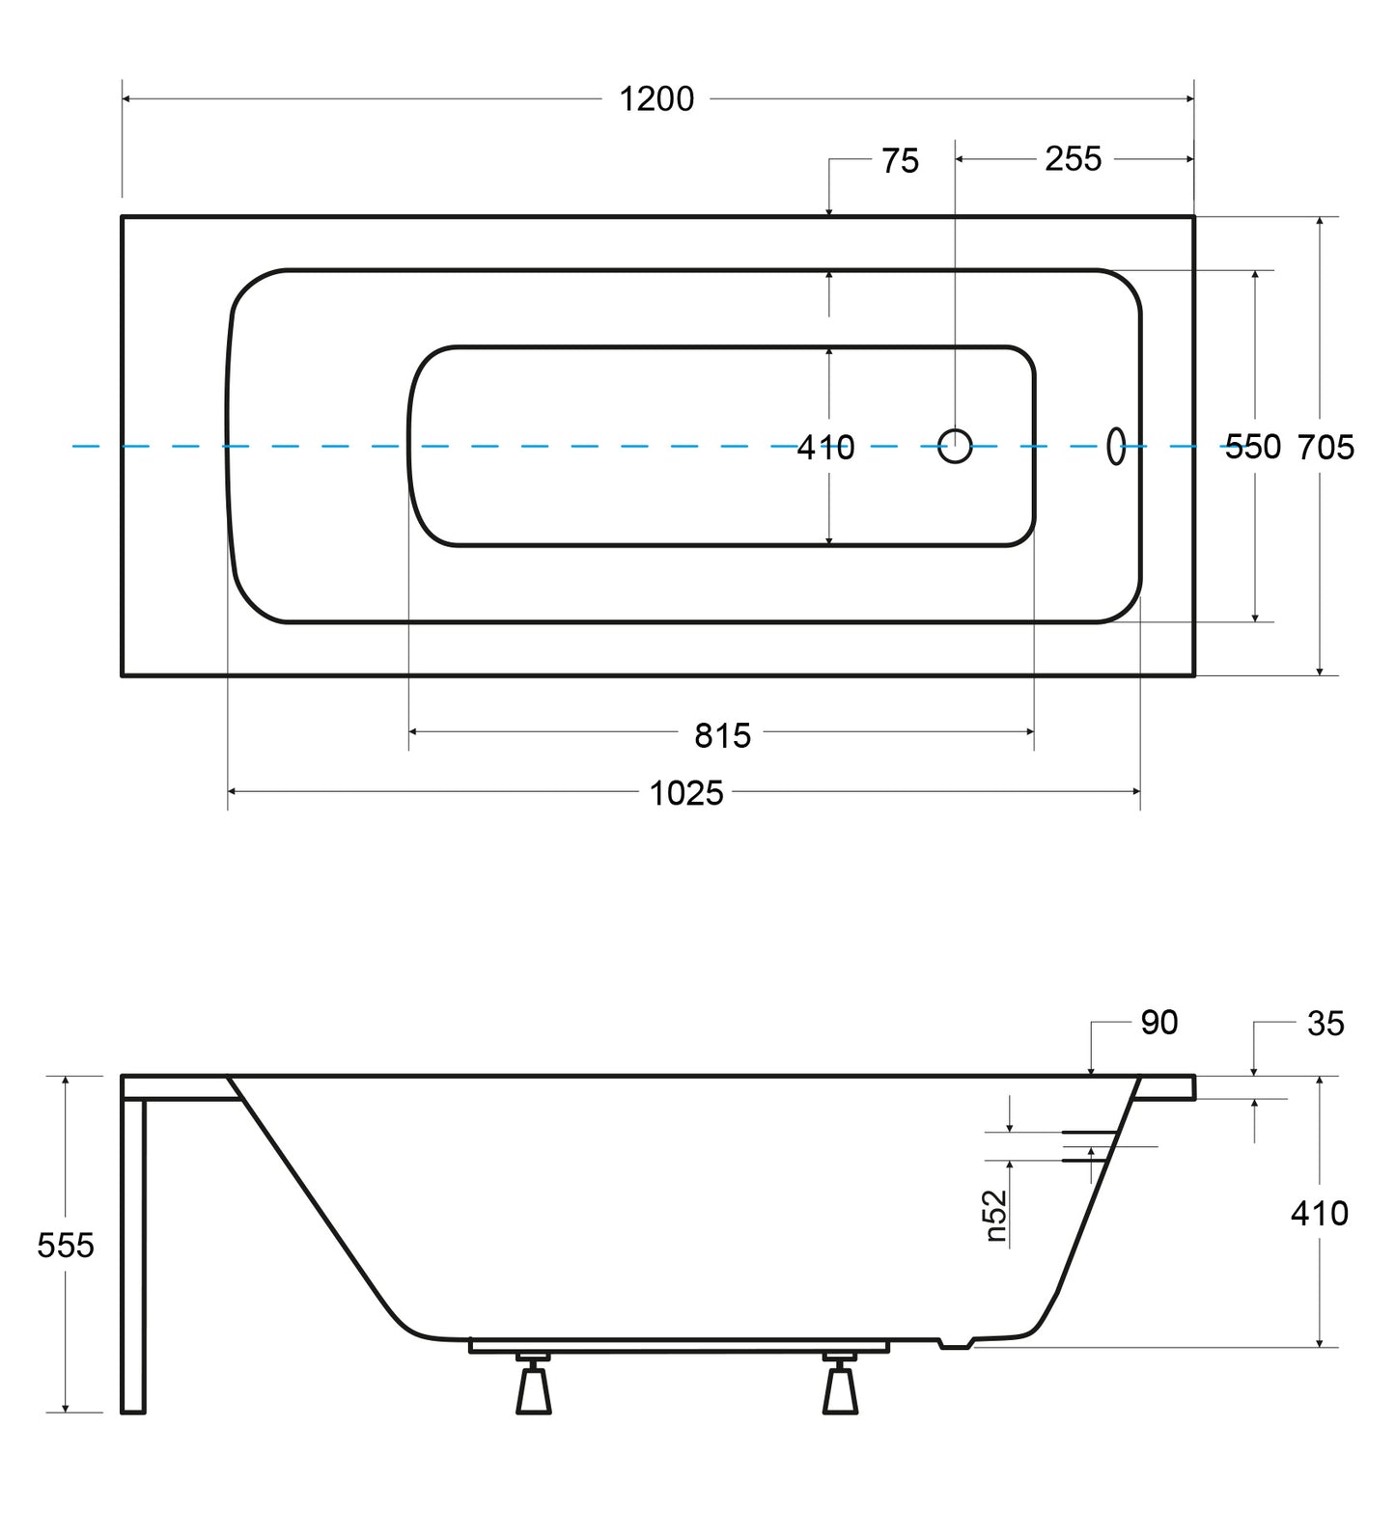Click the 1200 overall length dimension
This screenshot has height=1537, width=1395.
(656, 99)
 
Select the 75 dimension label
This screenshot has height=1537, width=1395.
(900, 161)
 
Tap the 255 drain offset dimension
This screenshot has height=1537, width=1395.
(1073, 158)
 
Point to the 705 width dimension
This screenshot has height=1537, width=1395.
(1325, 447)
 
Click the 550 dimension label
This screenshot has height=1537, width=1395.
(1252, 447)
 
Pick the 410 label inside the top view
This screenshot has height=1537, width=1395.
(825, 448)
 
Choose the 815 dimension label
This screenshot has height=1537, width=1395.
(722, 736)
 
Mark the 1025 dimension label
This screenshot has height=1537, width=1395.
(686, 793)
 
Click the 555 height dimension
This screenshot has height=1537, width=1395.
(66, 1246)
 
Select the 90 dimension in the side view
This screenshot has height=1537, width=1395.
(1158, 1023)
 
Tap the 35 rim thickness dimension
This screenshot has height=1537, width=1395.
(1325, 1024)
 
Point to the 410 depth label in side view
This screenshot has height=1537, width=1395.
(1320, 1213)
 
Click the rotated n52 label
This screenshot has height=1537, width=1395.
(996, 1216)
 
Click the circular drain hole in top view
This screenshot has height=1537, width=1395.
(955, 446)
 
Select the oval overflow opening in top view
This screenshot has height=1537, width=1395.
(1116, 446)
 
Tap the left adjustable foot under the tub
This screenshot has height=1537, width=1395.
(533, 1384)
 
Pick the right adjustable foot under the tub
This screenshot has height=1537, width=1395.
(840, 1384)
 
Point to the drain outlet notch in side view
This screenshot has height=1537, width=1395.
(957, 1342)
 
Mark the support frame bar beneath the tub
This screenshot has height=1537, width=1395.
(681, 1346)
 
